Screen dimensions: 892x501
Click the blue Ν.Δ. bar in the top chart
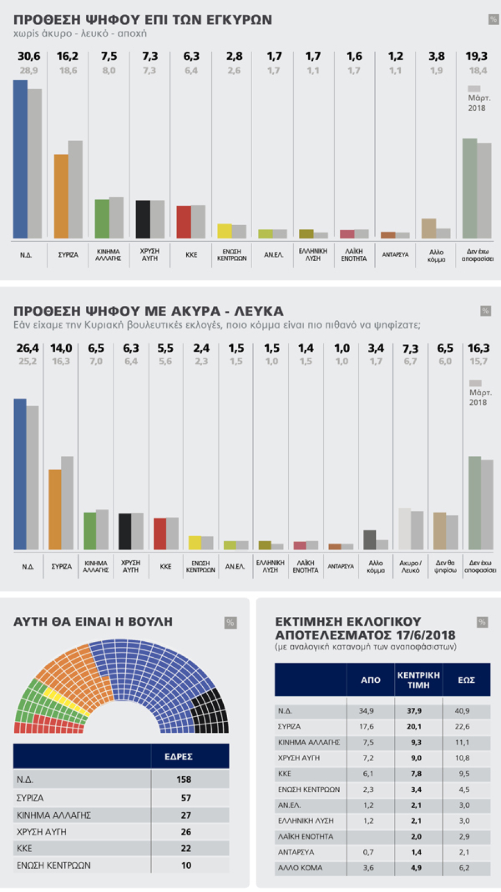[20, 159]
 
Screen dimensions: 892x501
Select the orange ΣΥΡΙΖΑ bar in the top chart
[61, 196]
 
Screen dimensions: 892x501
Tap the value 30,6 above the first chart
[29, 56]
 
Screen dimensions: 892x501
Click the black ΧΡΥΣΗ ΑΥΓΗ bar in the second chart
[125, 532]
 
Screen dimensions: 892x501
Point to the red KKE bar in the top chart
[184, 222]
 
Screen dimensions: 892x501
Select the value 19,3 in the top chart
[477, 56]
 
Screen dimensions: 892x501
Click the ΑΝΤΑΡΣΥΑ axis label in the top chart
[395, 255]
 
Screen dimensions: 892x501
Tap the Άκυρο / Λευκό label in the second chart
[410, 567]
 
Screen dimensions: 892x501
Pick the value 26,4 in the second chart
[27, 348]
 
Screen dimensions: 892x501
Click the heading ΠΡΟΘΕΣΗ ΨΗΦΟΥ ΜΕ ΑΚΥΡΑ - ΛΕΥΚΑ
[148, 311]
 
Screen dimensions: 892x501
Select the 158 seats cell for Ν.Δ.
[184, 779]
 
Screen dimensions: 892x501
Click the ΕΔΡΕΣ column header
[178, 757]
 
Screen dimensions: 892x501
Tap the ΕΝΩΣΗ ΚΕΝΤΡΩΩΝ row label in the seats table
[54, 865]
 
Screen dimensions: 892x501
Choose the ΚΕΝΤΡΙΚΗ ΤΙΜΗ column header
[418, 680]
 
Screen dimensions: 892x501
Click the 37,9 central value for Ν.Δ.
[414, 711]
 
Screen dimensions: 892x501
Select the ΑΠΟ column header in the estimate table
[371, 680]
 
